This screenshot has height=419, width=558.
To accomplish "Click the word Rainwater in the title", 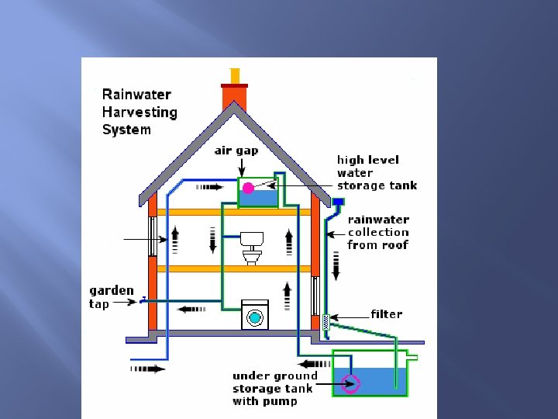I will coord(136,95).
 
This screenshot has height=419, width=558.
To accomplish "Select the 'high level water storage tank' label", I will coord(377,172).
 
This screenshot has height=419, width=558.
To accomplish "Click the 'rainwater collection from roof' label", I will coord(378,232).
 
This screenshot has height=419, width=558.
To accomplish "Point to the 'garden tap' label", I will coord(111,297).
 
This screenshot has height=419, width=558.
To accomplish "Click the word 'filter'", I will coord(386,314).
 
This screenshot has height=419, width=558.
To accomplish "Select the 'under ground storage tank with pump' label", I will coord(274,388).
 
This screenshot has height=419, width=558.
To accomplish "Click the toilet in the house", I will coord(250,247).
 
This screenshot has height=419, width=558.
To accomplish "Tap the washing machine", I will coord(254,314).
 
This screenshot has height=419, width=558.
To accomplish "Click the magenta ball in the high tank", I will coord(249,188).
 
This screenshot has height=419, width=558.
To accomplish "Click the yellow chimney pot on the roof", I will coord(234,76).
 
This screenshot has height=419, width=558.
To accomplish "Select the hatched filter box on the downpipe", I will coord(326,321).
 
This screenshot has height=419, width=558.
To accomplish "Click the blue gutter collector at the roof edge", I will coord(339,202).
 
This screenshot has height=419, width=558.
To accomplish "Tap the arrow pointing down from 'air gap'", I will coord(241,166).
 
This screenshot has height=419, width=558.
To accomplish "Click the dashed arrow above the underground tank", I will coord(315,363).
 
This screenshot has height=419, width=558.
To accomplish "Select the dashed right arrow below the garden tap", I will coord(148,369).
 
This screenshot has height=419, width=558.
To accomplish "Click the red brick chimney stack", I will coord(234,97).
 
